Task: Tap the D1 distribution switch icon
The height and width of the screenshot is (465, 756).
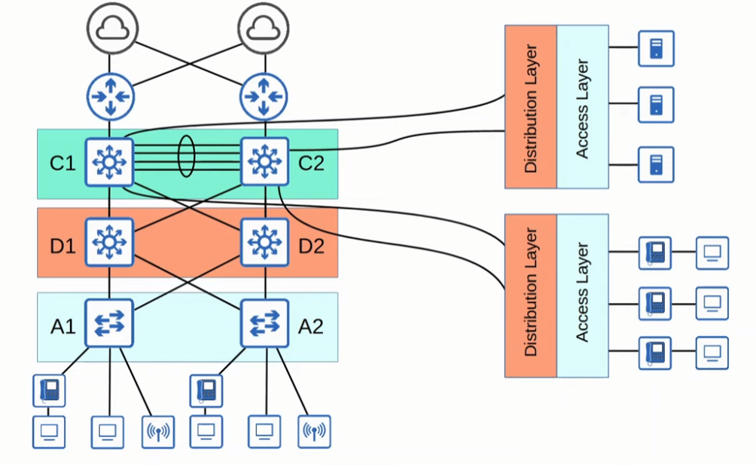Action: point(110,242)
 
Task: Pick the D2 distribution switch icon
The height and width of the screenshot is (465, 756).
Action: point(264,242)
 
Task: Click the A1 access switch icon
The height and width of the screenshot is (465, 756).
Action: point(110,323)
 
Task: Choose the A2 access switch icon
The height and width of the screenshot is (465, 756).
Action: point(264,323)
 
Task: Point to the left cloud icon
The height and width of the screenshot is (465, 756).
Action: point(110,28)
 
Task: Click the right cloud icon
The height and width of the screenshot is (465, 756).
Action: point(261,28)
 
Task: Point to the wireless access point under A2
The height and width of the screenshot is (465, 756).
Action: point(314,432)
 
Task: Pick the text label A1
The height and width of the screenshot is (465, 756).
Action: point(62,326)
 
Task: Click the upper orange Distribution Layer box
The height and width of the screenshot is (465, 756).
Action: point(531,106)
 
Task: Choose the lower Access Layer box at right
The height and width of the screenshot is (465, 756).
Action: point(582,295)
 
